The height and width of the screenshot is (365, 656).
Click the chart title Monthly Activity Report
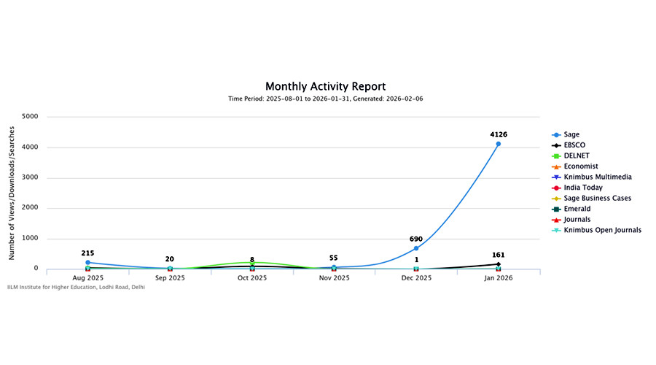pyautogui.click(x=325, y=86)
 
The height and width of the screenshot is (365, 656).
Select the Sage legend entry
pyautogui.click(x=571, y=134)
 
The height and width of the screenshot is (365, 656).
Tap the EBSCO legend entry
pyautogui.click(x=574, y=145)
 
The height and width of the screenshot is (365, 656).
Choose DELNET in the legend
pyautogui.click(x=576, y=155)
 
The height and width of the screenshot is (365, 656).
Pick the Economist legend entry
pyautogui.click(x=580, y=166)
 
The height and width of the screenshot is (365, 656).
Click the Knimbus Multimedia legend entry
pyautogui.click(x=597, y=177)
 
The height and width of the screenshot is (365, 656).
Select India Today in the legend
pyautogui.click(x=583, y=188)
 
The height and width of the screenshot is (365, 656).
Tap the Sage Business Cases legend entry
pyautogui.click(x=597, y=198)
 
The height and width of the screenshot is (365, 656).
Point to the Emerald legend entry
pyautogui.click(x=577, y=209)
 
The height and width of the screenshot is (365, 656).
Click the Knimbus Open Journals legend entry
pyautogui.click(x=602, y=230)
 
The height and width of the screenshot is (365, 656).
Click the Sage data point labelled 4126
pyautogui.click(x=498, y=144)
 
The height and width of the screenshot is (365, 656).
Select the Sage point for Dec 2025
pyautogui.click(x=416, y=248)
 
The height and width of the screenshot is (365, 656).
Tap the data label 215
pyautogui.click(x=87, y=253)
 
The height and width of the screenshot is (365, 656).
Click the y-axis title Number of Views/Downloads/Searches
pyautogui.click(x=12, y=192)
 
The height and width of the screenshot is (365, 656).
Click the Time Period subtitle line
pyautogui.click(x=325, y=99)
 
